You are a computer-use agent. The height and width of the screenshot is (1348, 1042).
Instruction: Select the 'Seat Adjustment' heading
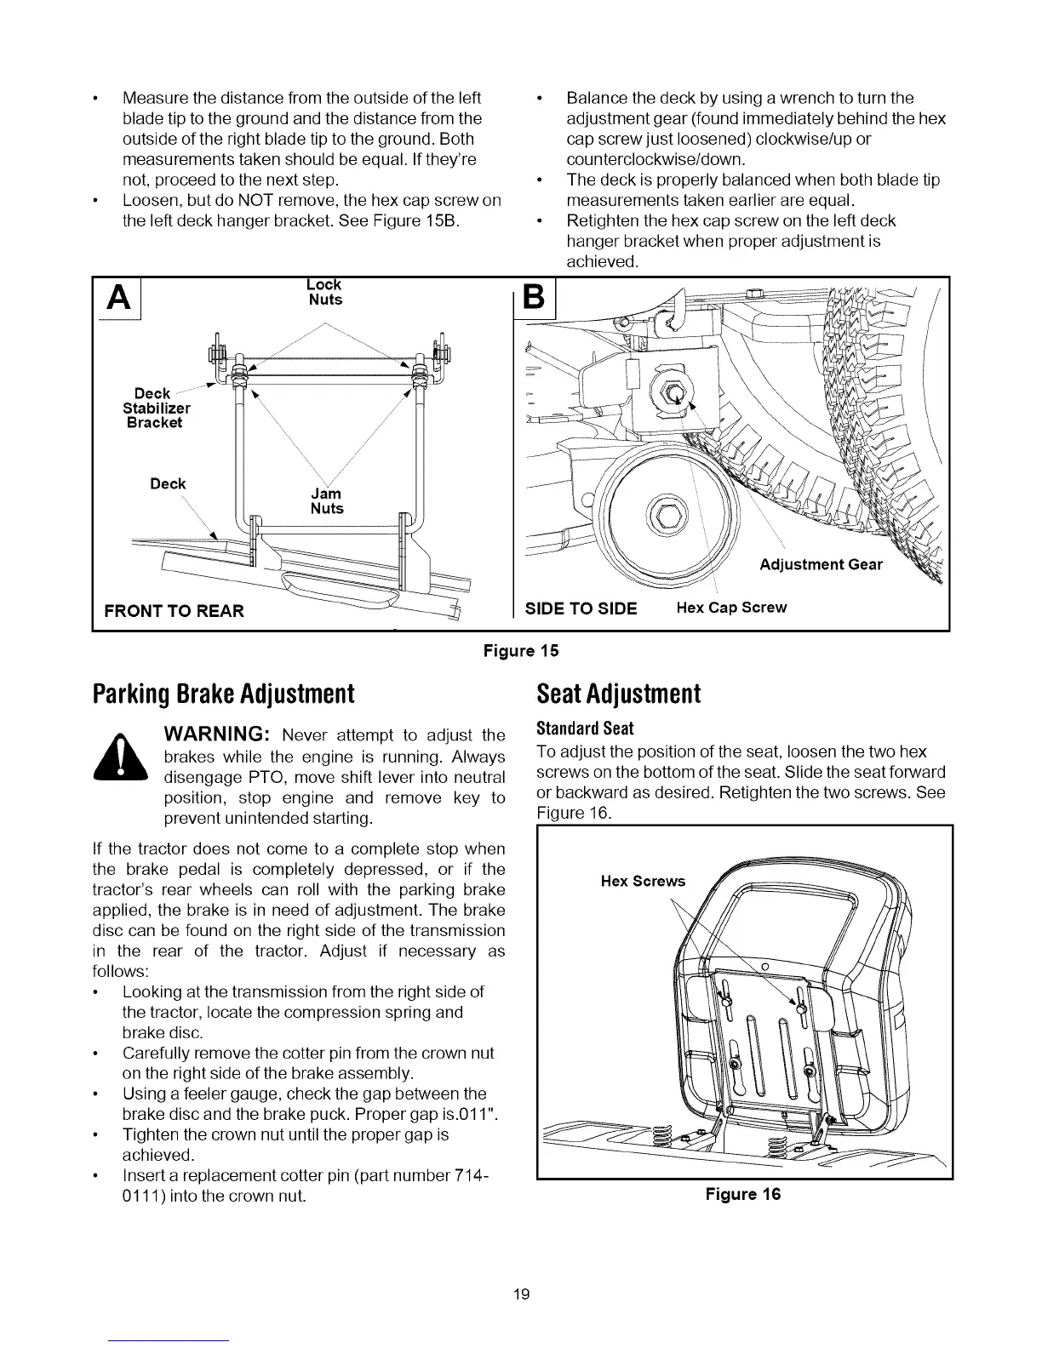pyautogui.click(x=618, y=694)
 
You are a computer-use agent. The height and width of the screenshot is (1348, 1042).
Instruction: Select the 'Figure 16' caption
pyautogui.click(x=742, y=1194)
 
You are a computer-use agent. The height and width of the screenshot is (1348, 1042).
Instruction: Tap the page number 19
pyautogui.click(x=521, y=1294)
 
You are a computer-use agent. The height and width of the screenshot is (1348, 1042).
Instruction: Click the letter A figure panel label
pyautogui.click(x=116, y=299)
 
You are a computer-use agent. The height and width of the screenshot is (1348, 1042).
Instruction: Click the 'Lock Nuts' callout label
pyautogui.click(x=326, y=292)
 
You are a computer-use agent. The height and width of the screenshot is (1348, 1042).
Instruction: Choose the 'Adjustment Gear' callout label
pyautogui.click(x=821, y=565)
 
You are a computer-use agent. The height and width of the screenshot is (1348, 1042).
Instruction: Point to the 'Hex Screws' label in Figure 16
pyautogui.click(x=643, y=881)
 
